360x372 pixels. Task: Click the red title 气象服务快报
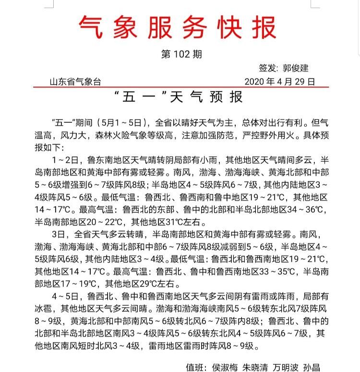pyautogui.click(x=177, y=27)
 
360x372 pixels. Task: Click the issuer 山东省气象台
pyautogui.click(x=75, y=82)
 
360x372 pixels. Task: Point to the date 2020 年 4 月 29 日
pyautogui.click(x=280, y=82)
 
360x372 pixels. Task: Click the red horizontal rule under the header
pyautogui.click(x=180, y=87)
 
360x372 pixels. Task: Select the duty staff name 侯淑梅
pyautogui.click(x=226, y=367)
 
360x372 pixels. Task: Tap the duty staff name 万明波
pyautogui.click(x=287, y=367)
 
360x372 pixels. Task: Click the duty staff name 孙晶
pyautogui.click(x=312, y=367)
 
